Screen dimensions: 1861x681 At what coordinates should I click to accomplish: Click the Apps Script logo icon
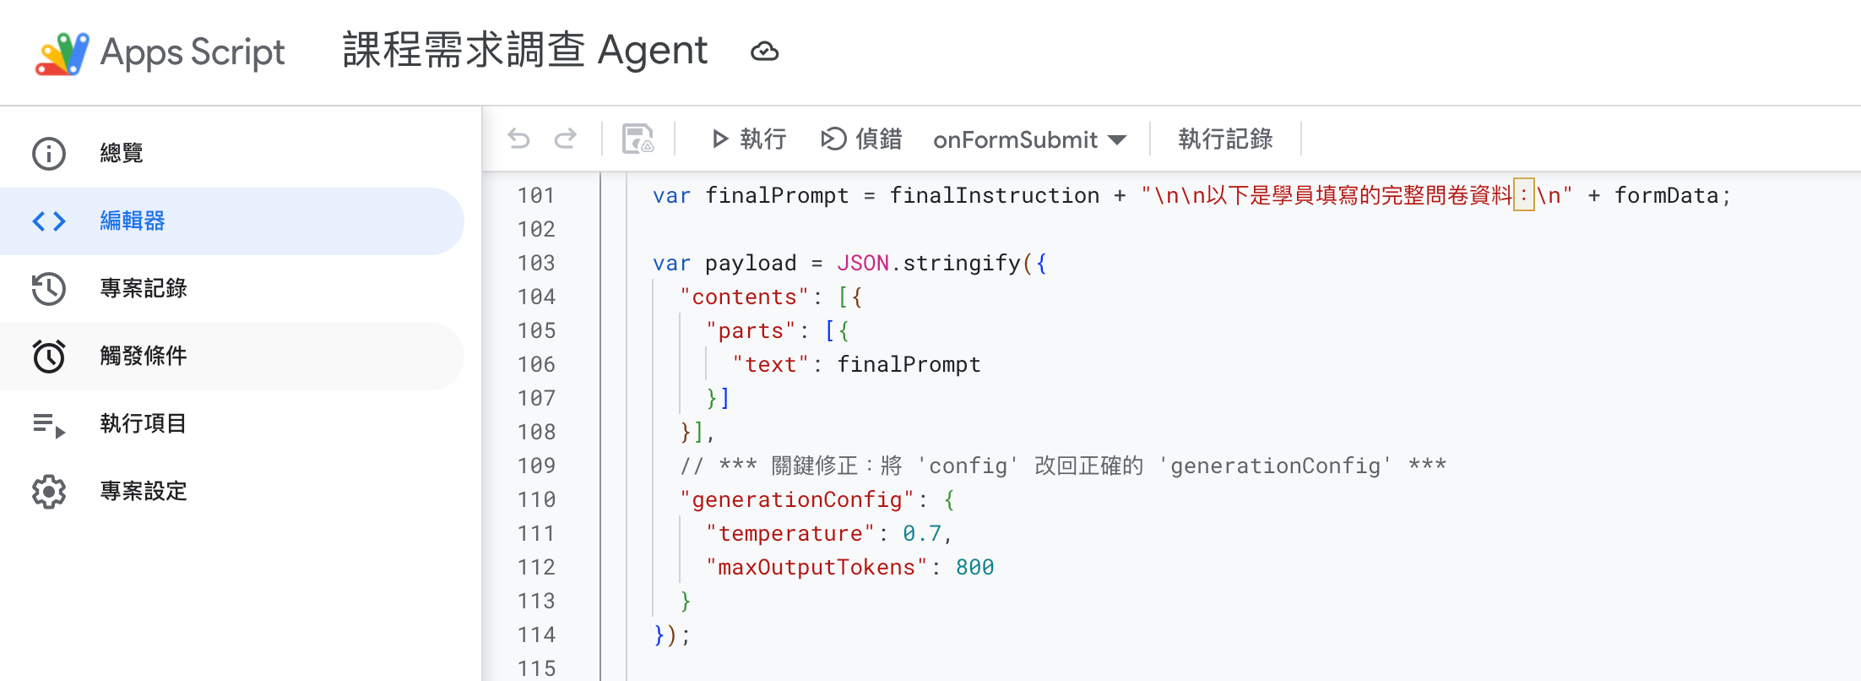(62, 53)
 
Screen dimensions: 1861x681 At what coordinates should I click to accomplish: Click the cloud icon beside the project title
(764, 52)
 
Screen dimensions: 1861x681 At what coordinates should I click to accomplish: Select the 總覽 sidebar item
(121, 154)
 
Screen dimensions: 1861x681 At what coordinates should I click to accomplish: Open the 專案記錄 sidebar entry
(143, 289)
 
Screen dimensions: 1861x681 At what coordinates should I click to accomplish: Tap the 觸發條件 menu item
(143, 357)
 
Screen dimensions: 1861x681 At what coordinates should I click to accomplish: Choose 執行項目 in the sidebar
(143, 424)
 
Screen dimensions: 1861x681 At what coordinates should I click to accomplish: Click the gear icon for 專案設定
(49, 492)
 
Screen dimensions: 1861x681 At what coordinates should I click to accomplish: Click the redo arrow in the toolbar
(565, 139)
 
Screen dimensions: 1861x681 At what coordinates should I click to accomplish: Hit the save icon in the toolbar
(638, 139)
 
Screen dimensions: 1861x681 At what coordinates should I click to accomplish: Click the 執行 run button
(749, 139)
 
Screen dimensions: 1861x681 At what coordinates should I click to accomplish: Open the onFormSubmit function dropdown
(1029, 139)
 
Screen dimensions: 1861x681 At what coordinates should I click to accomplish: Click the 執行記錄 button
(1224, 139)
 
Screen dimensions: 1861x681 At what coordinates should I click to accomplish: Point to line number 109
(536, 466)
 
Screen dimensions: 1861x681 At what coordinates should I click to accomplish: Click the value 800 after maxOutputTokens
(974, 567)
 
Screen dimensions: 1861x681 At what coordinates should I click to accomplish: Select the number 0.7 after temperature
(921, 533)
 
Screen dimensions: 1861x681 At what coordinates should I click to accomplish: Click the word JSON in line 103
(862, 263)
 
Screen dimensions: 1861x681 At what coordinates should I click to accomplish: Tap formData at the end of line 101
(1666, 195)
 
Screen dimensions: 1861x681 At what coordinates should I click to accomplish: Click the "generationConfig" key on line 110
(797, 499)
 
